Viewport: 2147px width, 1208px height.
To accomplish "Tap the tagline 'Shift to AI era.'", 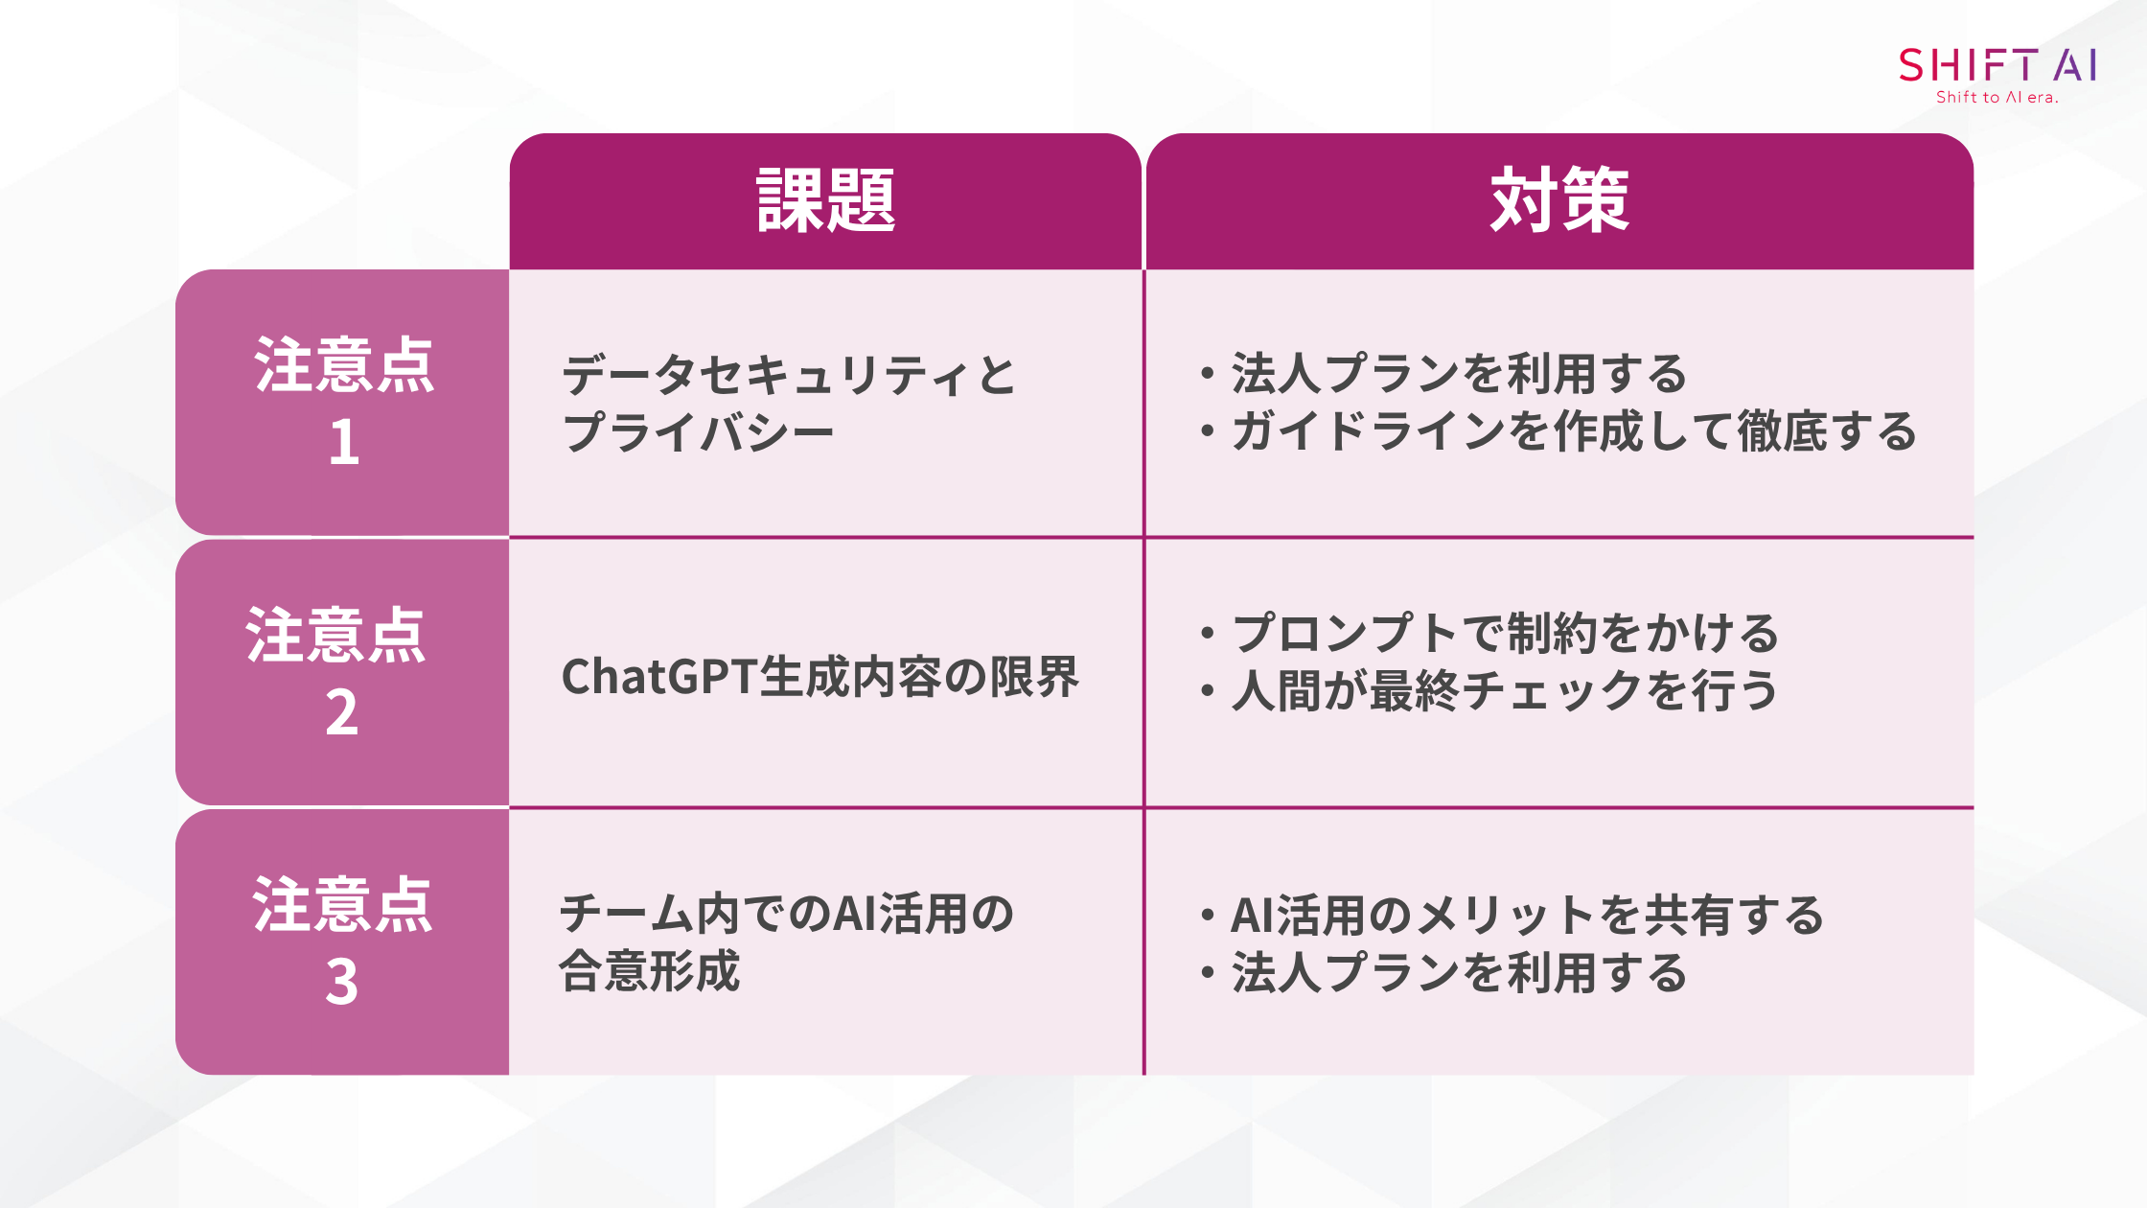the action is point(1997,97).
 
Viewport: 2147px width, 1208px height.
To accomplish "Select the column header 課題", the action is point(825,200).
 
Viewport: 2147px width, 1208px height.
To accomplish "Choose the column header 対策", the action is point(1559,200).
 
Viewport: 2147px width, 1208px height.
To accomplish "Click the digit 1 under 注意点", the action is point(344,443).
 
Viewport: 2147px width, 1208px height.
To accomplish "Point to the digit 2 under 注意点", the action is point(342,712).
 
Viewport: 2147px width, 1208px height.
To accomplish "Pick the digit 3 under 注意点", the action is point(342,982).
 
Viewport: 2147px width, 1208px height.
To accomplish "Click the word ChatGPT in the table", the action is point(659,677).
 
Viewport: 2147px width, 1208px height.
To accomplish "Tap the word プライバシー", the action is point(698,432).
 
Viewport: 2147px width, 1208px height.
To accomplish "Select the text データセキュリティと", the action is point(789,375).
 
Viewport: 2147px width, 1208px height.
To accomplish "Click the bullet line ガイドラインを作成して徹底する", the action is point(1574,431).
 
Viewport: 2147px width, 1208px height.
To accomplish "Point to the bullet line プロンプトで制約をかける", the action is point(1505,633).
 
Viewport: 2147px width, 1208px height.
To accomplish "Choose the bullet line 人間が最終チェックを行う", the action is point(1505,690).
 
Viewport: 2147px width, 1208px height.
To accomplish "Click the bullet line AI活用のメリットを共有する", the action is point(1528,915).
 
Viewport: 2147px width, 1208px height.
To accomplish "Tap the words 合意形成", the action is point(650,971).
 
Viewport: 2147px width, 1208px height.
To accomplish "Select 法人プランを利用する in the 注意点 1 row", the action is point(1459,374).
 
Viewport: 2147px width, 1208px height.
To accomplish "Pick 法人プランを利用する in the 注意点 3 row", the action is point(1459,972).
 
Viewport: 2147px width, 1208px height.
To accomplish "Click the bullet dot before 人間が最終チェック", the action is point(1208,691).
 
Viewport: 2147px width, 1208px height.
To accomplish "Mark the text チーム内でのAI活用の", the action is point(787,914).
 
